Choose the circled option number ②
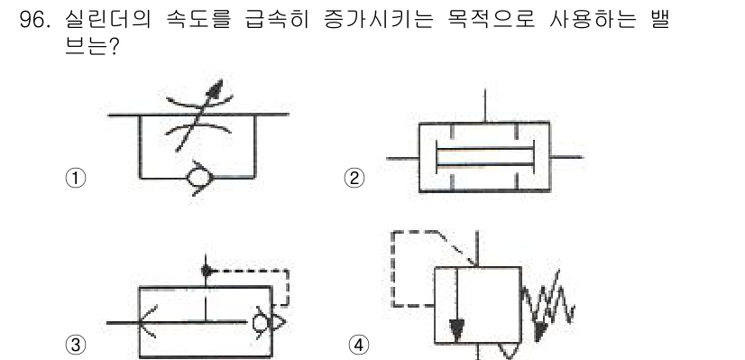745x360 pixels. (x=355, y=178)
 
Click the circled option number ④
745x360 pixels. (x=358, y=344)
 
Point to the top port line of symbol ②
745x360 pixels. (x=485, y=104)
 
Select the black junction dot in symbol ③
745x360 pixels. (x=206, y=269)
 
